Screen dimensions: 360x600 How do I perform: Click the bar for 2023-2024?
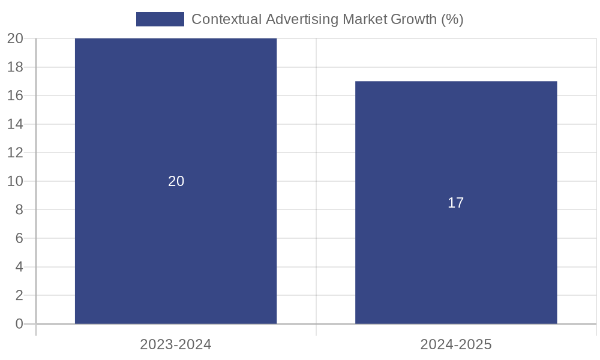coord(176,240)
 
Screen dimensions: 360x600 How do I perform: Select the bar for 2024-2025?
coord(456,252)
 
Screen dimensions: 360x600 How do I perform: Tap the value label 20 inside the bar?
coord(176,181)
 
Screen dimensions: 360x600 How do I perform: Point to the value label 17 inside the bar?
coord(456,203)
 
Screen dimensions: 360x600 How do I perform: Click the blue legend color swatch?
coord(160,19)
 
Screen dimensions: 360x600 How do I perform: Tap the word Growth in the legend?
coord(413,19)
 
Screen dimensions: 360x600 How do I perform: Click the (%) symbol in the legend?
coord(452,19)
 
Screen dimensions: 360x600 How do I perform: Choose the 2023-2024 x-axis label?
coord(176,344)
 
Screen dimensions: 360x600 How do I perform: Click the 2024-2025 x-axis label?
coord(456,344)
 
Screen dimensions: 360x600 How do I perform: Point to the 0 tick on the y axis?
coord(19,324)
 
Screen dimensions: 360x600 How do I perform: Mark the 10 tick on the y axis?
coord(15,181)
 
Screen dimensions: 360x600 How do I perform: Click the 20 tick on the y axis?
coord(15,38)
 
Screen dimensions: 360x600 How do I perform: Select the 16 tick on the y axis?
coord(15,95)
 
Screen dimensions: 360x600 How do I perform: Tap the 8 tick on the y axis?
coord(19,209)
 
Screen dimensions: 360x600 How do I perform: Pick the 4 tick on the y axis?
coord(19,266)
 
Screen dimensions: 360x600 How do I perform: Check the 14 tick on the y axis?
coord(15,124)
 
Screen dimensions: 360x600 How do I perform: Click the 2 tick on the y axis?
coord(19,295)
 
